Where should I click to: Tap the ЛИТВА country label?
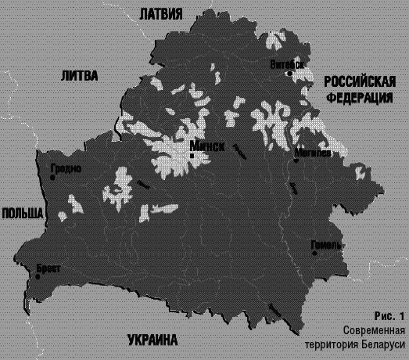click(78, 76)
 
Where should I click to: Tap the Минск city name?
click(208, 146)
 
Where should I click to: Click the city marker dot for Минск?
click(192, 156)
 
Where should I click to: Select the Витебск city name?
click(286, 63)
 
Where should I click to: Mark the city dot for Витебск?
click(290, 73)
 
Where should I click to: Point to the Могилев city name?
click(314, 153)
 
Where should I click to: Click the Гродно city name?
click(64, 168)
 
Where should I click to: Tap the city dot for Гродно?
click(52, 178)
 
